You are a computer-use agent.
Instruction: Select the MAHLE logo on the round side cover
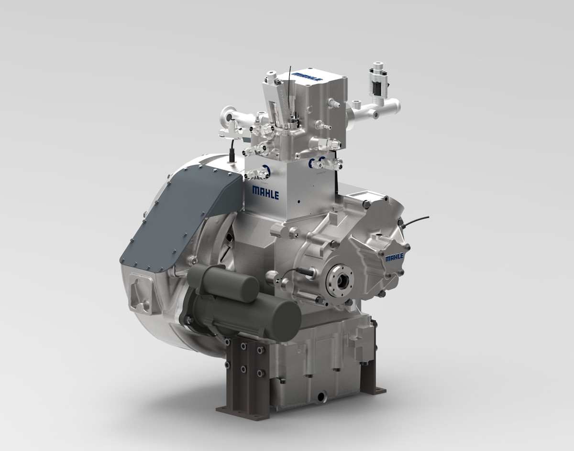(394, 258)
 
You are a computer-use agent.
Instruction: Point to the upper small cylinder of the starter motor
(225, 283)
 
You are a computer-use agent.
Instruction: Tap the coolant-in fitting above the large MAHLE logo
(264, 170)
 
